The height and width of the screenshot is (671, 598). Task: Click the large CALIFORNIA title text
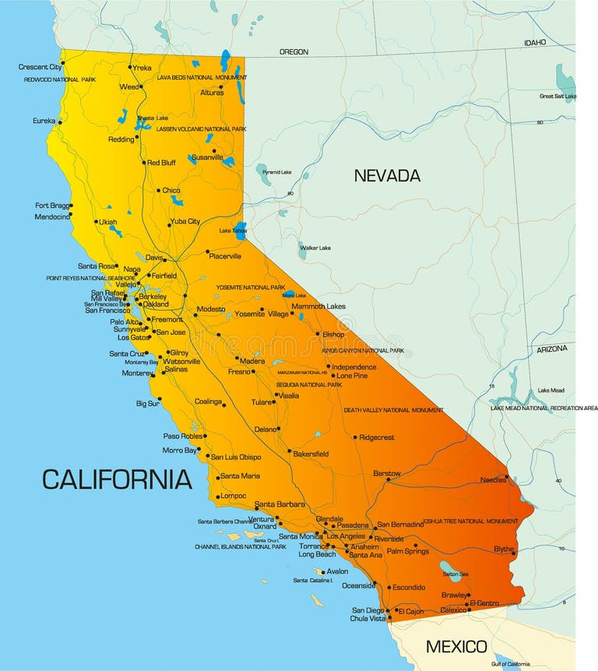pyautogui.click(x=117, y=479)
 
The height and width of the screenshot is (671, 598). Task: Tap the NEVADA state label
pyautogui.click(x=387, y=175)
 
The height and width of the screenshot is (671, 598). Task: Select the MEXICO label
pyautogui.click(x=456, y=646)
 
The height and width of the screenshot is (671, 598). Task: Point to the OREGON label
pyautogui.click(x=294, y=52)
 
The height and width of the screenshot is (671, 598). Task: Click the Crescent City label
pyautogui.click(x=40, y=67)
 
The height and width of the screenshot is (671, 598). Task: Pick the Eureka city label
pyautogui.click(x=44, y=121)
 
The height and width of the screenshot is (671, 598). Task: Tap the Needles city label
pyautogui.click(x=493, y=480)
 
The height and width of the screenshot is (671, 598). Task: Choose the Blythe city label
pyautogui.click(x=504, y=549)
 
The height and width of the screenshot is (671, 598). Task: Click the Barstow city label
pyautogui.click(x=387, y=473)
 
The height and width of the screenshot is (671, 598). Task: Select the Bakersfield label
pyautogui.click(x=311, y=454)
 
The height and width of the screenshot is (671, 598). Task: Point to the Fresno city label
pyautogui.click(x=239, y=371)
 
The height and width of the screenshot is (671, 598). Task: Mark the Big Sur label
pyautogui.click(x=148, y=403)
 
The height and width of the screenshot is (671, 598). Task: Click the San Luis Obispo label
pyautogui.click(x=236, y=457)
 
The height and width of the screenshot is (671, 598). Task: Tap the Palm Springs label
pyautogui.click(x=408, y=551)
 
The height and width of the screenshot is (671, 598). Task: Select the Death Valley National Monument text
pyautogui.click(x=393, y=410)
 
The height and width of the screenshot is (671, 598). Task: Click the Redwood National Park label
pyautogui.click(x=59, y=79)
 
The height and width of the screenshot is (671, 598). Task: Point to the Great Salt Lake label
pyautogui.click(x=558, y=97)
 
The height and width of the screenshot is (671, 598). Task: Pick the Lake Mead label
pyautogui.click(x=551, y=390)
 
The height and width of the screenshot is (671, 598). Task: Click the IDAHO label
pyautogui.click(x=535, y=43)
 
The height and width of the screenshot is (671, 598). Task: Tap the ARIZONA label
pyautogui.click(x=552, y=349)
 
